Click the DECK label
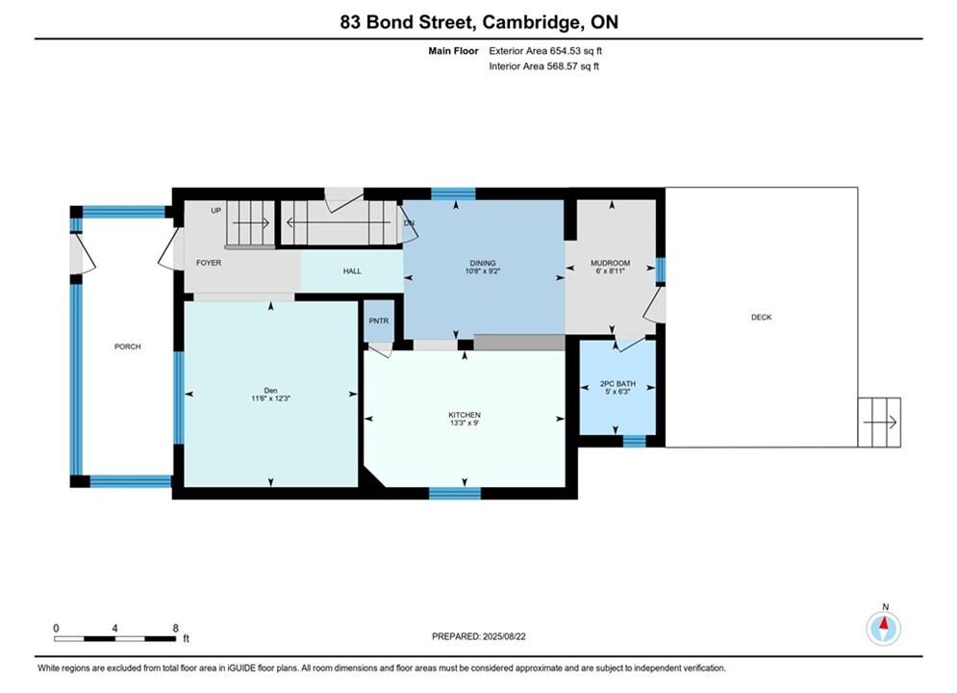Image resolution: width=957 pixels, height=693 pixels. (761, 318)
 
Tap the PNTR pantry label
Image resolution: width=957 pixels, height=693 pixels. (378, 321)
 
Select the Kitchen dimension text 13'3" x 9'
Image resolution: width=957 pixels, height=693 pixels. (465, 423)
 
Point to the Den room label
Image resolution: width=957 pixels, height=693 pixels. (270, 390)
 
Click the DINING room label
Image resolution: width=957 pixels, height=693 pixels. (483, 263)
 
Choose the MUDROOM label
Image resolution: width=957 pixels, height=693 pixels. (611, 263)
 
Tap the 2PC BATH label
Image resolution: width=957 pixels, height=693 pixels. (617, 383)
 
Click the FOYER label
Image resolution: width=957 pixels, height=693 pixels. (208, 263)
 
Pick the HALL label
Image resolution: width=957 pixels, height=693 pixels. (352, 271)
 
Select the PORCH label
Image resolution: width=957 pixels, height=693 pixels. (128, 346)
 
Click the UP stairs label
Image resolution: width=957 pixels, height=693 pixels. (215, 211)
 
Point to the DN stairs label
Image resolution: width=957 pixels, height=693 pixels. (409, 223)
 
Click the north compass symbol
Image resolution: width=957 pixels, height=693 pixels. (884, 628)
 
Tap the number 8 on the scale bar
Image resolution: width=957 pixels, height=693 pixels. (176, 629)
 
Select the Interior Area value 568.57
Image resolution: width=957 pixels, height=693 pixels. (566, 66)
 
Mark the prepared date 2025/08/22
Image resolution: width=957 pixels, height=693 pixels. (504, 636)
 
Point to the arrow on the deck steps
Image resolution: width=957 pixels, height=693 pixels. (881, 422)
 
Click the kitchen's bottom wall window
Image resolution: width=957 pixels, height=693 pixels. (455, 494)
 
